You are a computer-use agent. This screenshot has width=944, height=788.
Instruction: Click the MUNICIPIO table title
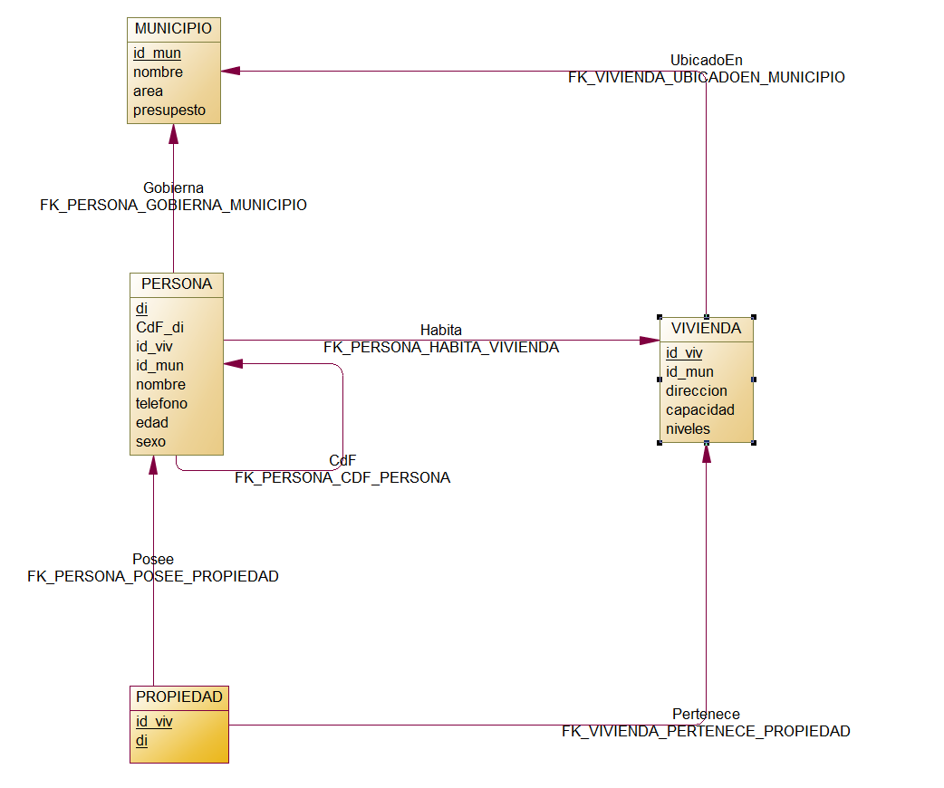[173, 29]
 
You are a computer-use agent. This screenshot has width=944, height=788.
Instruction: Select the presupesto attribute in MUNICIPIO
[169, 111]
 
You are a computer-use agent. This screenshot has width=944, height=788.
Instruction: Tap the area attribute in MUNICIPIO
[149, 91]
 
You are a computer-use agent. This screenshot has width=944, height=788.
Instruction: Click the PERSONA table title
[177, 284]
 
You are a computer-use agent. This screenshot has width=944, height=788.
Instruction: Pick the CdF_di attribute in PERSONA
[159, 328]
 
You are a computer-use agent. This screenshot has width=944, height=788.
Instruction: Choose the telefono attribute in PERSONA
[161, 404]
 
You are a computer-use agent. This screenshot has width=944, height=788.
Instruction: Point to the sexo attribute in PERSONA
[150, 442]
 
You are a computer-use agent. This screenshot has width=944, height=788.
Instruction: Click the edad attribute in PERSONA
[152, 423]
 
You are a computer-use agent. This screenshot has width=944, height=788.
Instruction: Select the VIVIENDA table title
[707, 329]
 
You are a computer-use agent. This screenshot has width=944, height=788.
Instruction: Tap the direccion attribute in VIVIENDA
[696, 391]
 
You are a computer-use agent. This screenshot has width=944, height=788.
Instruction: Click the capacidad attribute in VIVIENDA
[700, 410]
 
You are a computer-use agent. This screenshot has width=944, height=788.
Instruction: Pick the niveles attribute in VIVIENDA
[689, 429]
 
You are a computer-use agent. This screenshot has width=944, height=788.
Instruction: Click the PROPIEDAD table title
[179, 697]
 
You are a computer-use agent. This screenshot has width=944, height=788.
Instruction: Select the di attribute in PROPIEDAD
[141, 741]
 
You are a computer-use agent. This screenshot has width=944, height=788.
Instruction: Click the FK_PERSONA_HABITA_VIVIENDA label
[441, 347]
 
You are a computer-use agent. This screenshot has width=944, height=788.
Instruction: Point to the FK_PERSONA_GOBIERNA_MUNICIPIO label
[173, 206]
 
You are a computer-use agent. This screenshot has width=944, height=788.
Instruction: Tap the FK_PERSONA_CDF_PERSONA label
[342, 478]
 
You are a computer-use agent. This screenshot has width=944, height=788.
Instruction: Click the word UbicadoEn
[707, 61]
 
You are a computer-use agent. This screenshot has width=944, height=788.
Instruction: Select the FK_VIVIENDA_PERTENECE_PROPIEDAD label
[706, 732]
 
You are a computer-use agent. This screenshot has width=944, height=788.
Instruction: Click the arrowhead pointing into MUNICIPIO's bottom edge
[173, 133]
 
